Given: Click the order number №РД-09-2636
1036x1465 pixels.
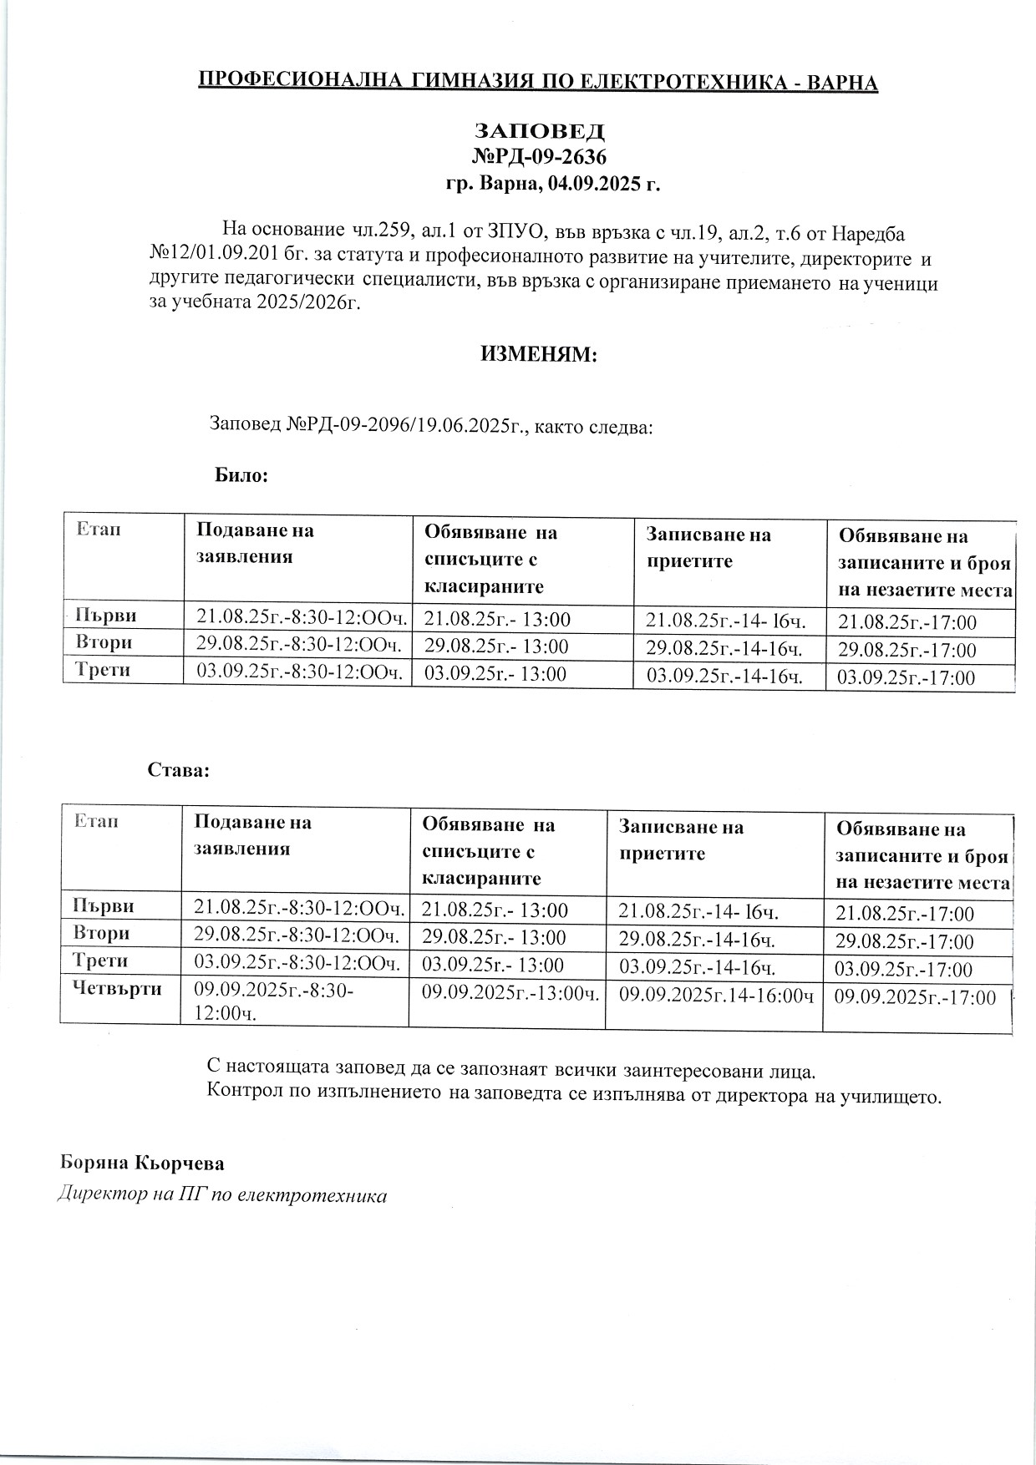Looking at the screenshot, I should click(539, 157).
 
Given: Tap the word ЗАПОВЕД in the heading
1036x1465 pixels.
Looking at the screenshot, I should click(539, 132).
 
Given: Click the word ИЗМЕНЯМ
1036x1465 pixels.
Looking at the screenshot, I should click(539, 355).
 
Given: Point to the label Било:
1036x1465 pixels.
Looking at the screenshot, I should click(241, 475).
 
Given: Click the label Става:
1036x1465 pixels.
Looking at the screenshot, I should click(179, 769).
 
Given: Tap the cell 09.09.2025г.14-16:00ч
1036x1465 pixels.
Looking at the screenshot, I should click(716, 996).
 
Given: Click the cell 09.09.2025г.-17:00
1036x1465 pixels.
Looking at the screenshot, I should click(915, 997).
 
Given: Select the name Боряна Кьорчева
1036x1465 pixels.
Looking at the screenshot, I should click(142, 1163).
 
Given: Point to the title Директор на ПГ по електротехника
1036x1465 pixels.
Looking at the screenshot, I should click(222, 1195).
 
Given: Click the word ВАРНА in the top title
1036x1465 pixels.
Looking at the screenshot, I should click(844, 83).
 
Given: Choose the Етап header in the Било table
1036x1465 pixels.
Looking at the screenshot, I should click(99, 529).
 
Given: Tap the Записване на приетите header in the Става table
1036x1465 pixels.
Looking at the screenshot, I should click(681, 839).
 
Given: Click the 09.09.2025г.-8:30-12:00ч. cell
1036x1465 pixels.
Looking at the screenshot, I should click(274, 1001).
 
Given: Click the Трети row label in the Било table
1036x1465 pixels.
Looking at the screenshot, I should click(103, 670).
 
